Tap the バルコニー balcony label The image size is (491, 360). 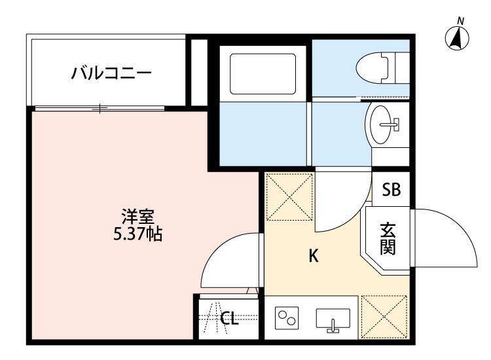tap(111, 71)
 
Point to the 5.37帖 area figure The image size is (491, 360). tap(137, 234)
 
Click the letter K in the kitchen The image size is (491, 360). tap(314, 257)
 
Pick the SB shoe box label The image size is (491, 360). tap(391, 190)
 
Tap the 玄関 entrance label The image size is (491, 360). tap(388, 239)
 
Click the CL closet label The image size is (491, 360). tap(229, 319)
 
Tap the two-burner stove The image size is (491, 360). tap(286, 319)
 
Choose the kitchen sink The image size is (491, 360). tap(333, 319)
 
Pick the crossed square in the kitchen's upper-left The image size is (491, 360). tap(289, 196)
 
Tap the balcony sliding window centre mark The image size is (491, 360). tap(100, 108)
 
